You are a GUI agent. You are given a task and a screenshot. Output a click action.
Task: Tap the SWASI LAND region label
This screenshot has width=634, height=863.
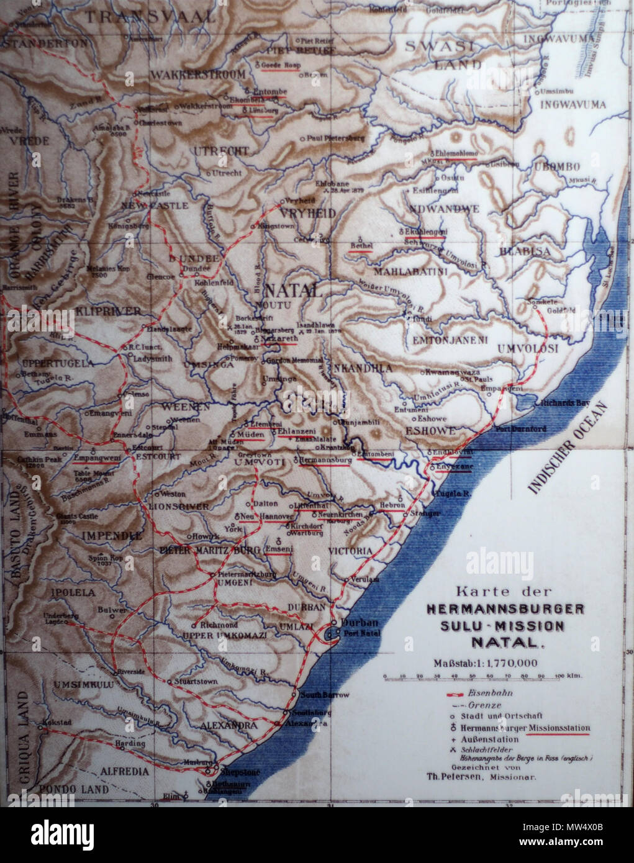(440, 54)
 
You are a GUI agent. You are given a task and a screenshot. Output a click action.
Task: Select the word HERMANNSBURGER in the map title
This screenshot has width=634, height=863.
(505, 609)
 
